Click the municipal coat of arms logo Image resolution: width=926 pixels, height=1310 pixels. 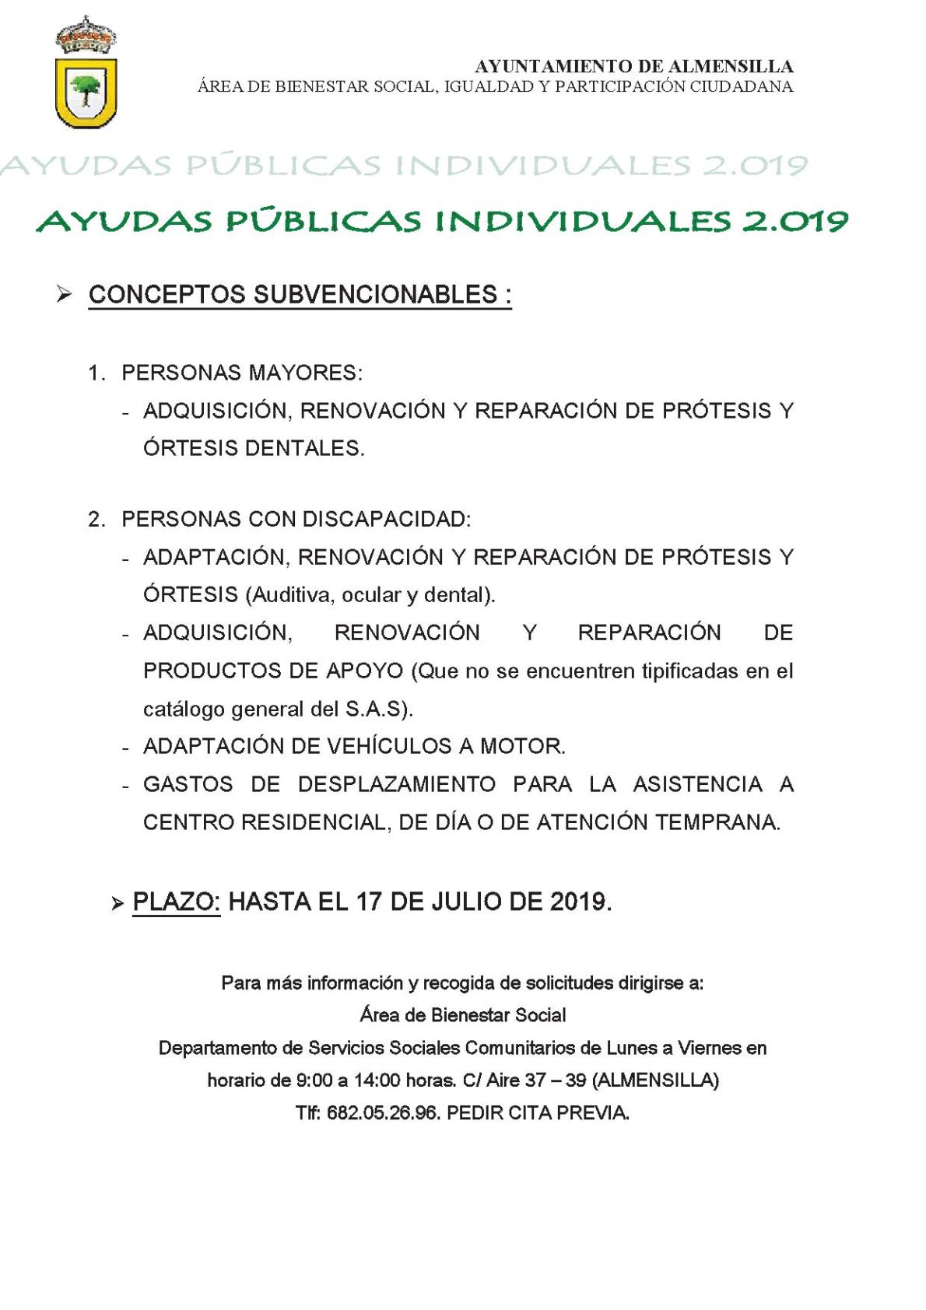[x=86, y=74]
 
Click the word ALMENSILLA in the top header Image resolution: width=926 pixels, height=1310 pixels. [x=728, y=67]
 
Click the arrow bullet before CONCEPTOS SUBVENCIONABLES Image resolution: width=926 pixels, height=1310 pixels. [x=64, y=294]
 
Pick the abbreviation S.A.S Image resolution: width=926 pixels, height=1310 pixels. [x=374, y=709]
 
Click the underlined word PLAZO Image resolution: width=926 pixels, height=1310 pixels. [x=176, y=902]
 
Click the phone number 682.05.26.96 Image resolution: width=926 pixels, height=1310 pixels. [x=383, y=1113]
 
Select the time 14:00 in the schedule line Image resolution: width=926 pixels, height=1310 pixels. [x=377, y=1081]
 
